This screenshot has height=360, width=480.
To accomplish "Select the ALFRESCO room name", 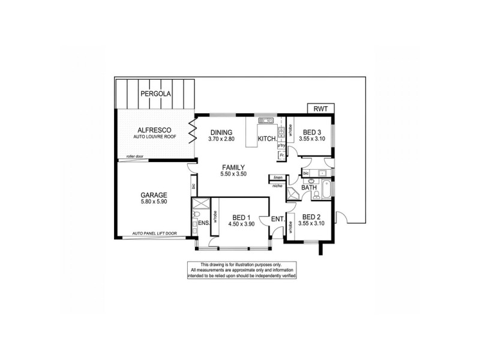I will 155,130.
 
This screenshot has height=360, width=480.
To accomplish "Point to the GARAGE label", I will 154,195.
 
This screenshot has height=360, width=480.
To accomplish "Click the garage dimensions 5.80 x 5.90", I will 154,202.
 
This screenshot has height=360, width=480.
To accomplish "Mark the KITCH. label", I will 267,139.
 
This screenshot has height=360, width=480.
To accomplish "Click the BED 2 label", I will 313,217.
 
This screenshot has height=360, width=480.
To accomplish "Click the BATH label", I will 309,188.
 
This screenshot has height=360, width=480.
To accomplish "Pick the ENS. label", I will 203,223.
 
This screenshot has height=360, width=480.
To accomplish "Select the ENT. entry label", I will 277,219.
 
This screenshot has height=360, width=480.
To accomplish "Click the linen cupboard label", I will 278,178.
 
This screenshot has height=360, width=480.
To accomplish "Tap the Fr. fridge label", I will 280,156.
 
